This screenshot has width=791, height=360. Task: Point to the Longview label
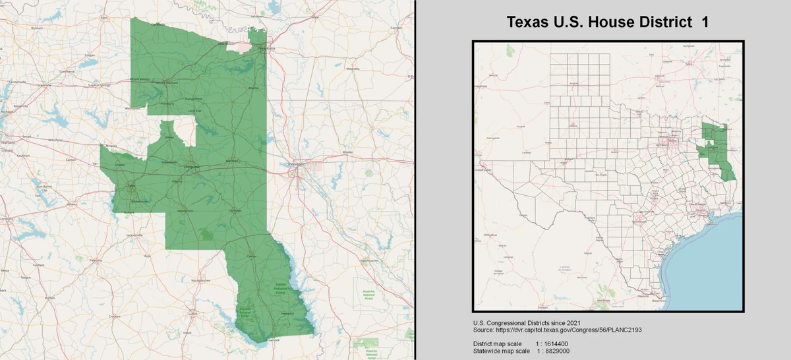pos(192,167)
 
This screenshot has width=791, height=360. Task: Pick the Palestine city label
pos(96,260)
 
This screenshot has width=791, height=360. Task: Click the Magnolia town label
pos(353,68)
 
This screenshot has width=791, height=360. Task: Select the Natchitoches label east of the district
pos(368,260)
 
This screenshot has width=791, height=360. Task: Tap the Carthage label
pos(235,211)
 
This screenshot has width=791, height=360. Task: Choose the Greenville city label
pos(44,85)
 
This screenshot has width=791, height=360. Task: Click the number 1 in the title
pos(705,22)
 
